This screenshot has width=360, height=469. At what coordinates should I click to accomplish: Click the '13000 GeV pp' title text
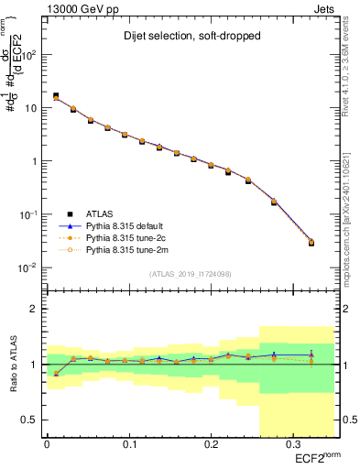point(83,8)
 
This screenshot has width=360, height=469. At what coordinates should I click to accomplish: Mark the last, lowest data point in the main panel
point(311,243)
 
